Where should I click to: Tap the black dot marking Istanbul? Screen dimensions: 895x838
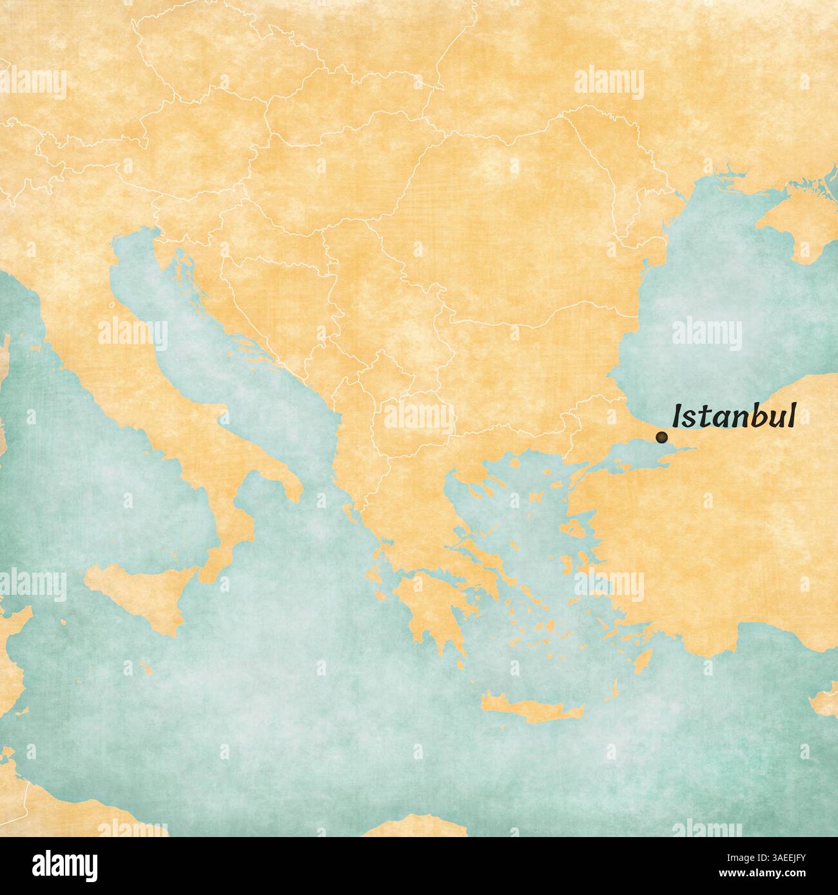point(660,437)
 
